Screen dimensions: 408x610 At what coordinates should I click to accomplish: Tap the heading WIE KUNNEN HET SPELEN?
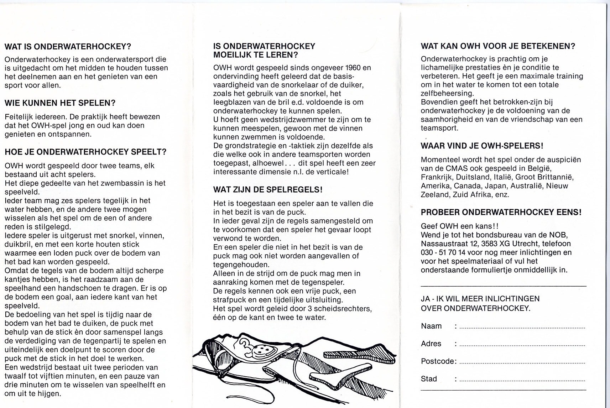click(x=60, y=103)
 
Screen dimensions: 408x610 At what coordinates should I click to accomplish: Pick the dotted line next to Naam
click(x=522, y=327)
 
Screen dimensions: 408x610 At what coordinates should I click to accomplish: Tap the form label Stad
click(x=429, y=379)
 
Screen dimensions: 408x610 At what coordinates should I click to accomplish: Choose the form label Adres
click(x=431, y=344)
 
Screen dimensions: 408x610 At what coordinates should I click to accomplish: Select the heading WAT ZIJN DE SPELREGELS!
click(x=268, y=189)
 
